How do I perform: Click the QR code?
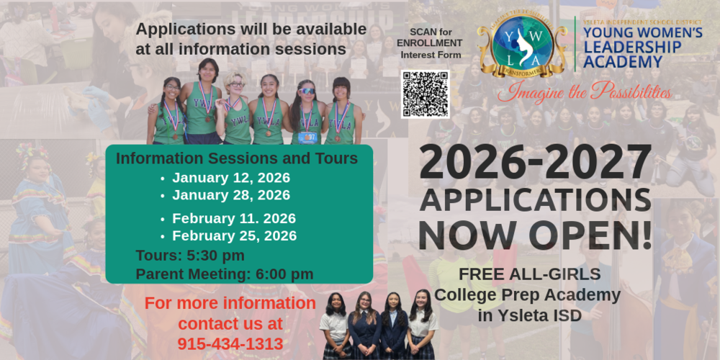tap(425, 94)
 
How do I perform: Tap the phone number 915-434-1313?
tap(230, 344)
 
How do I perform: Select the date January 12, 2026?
tap(230, 178)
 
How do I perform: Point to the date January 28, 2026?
tap(230, 195)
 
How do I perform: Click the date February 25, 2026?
tap(234, 236)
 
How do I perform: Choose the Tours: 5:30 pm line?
tap(190, 256)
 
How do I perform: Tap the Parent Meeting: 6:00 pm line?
tap(224, 274)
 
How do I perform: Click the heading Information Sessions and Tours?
tap(237, 158)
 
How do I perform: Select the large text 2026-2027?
tap(535, 164)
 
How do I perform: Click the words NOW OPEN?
tap(535, 235)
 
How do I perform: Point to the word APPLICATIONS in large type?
tap(535, 199)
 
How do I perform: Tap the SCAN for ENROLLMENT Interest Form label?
tap(431, 44)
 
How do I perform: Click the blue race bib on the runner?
tap(308, 136)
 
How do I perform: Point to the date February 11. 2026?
tap(233, 219)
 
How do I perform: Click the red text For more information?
tap(230, 303)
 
